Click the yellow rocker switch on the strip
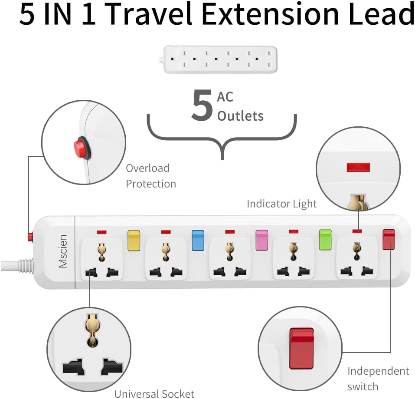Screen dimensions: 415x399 click(x=134, y=240)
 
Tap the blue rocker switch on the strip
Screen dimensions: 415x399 click(x=198, y=240)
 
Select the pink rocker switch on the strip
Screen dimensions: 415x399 click(x=262, y=240)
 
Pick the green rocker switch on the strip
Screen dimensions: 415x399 click(x=325, y=240)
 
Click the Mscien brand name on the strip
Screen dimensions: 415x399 click(x=63, y=251)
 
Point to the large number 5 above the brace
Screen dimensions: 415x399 click(x=202, y=106)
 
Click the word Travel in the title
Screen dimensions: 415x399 click(x=150, y=13)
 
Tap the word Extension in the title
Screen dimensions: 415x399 click(x=270, y=13)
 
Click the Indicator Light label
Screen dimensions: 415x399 click(x=281, y=204)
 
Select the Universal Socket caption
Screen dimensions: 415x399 click(x=154, y=394)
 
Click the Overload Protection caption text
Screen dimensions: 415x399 click(x=151, y=176)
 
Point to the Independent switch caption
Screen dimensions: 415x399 click(x=378, y=379)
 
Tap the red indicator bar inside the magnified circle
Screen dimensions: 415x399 click(x=358, y=167)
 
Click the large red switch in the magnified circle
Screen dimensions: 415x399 click(x=301, y=348)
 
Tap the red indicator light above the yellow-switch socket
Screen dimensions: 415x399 click(x=101, y=232)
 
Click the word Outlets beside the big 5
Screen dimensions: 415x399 click(x=240, y=116)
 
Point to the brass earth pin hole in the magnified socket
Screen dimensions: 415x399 click(x=91, y=330)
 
